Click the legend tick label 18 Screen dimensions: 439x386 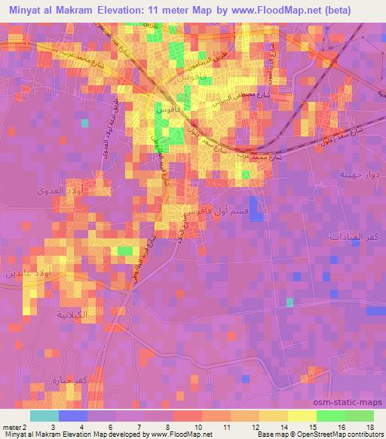pos(372,427)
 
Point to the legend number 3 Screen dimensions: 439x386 pos(72,427)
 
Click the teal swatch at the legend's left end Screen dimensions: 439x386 pos(44,416)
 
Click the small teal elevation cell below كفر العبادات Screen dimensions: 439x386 pos(289,302)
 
